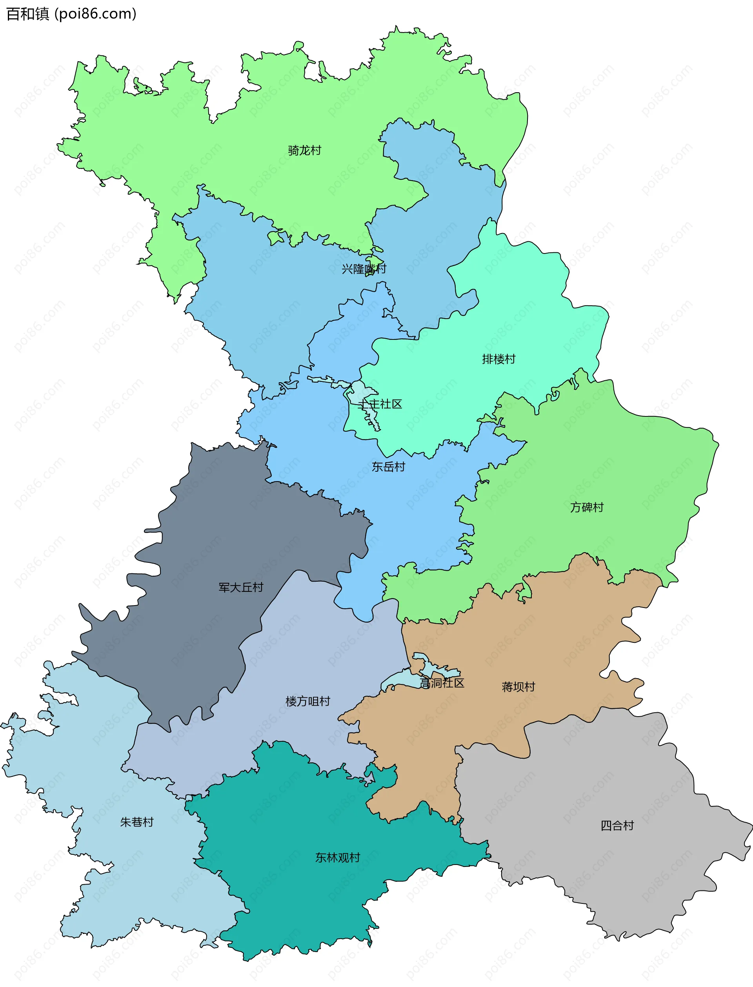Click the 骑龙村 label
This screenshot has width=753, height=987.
304,150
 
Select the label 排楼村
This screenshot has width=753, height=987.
498,359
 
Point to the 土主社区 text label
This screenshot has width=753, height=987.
380,404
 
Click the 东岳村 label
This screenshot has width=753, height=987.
388,467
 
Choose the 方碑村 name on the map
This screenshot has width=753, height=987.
587,507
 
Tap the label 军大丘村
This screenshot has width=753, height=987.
241,587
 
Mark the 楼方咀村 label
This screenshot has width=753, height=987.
307,701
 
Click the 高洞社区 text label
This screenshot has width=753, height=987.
442,683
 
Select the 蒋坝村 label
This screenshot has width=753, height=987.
518,687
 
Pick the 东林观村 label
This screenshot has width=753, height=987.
338,857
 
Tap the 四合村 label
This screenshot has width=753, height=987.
617,826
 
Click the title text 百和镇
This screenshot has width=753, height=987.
27,14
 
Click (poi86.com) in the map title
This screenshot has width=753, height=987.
95,14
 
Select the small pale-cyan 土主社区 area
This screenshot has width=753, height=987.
358,391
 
